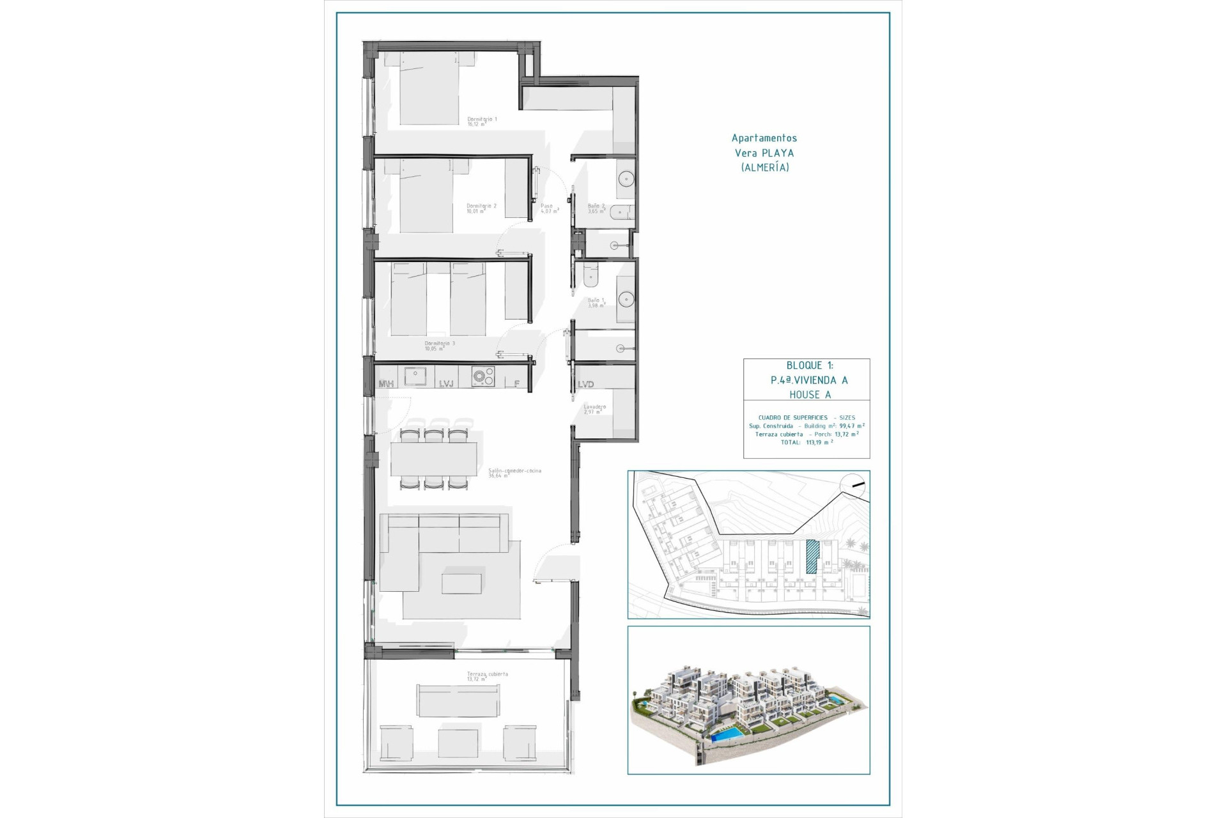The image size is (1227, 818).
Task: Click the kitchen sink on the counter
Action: [415, 376]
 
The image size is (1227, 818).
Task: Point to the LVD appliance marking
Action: [585, 384]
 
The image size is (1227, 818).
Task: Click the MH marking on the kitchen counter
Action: [386, 384]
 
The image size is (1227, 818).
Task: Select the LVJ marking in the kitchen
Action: [446, 384]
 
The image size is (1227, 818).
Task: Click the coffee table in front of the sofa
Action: [461, 583]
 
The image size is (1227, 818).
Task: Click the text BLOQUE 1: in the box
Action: [809, 366]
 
